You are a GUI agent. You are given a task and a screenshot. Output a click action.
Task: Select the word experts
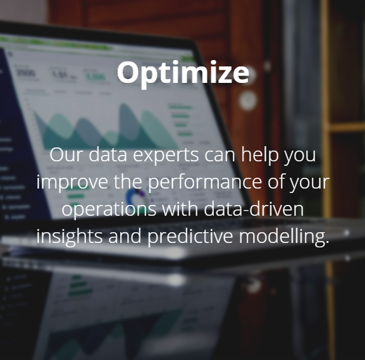pos(166,156)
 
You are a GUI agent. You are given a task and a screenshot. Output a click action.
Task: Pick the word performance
pos(205,182)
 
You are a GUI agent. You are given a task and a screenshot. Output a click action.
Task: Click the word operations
pos(109,209)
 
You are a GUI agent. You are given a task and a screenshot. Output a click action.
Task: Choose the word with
pos(180,208)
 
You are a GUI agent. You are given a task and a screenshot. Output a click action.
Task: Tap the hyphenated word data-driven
pos(254,208)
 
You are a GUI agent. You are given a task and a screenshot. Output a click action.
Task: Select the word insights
pos(70,237)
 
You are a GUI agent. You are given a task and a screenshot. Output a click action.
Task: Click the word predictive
pos(190,237)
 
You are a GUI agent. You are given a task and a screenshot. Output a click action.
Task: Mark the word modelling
pos(281,237)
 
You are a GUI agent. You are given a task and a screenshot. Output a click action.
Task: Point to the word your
pos(309,183)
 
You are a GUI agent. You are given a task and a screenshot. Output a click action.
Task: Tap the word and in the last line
pos(125,235)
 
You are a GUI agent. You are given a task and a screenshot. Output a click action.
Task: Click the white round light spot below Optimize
pos(248,101)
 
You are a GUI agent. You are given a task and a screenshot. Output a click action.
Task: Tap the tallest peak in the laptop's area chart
pos(124,105)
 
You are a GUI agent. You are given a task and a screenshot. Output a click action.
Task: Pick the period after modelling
pos(327,242)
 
